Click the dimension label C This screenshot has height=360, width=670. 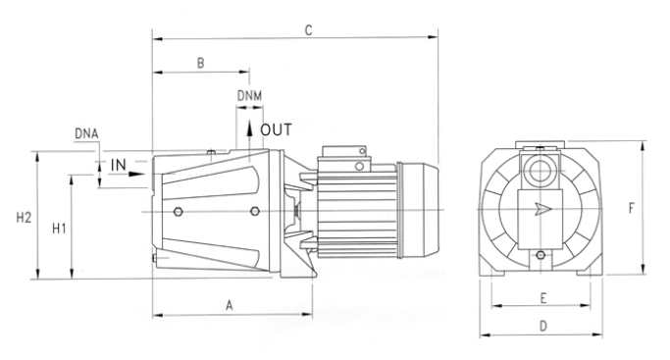pos(308,30)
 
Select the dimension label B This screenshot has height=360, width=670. pos(201,63)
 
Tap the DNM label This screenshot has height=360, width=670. pos(249,96)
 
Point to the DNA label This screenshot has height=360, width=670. pos(86,133)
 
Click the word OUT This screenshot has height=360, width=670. pos(277,129)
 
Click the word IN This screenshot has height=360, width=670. pos(119,165)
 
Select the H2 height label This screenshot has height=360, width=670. pos(24,218)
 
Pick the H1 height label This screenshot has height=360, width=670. pos(59,229)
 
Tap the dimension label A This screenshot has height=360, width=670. pos(230,306)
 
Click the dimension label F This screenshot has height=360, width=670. pos(632,208)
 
